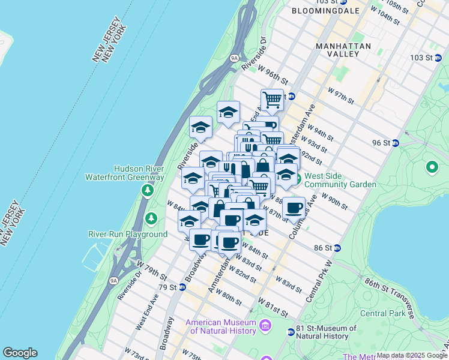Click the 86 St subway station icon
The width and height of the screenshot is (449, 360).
337,248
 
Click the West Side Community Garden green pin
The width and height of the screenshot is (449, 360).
298,179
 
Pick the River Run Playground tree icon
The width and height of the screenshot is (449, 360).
152,217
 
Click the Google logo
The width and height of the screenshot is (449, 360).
20,353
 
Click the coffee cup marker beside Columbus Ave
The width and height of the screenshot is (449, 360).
294,208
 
